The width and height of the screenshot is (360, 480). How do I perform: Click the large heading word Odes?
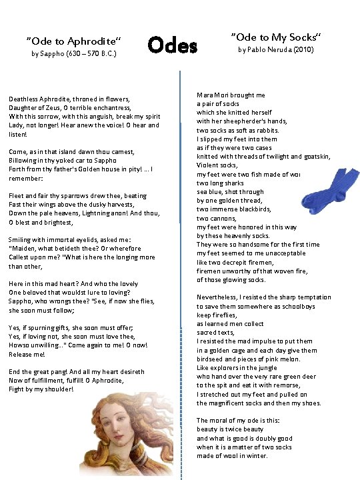pyautogui.click(x=173, y=46)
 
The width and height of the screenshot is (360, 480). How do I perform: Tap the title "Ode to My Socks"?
pyautogui.click(x=275, y=35)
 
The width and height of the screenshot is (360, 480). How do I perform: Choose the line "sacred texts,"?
pyautogui.click(x=215, y=332)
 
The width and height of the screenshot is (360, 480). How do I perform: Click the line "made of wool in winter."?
pyautogui.click(x=231, y=455)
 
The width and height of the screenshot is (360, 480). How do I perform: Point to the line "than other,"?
pyautogui.click(x=27, y=266)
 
